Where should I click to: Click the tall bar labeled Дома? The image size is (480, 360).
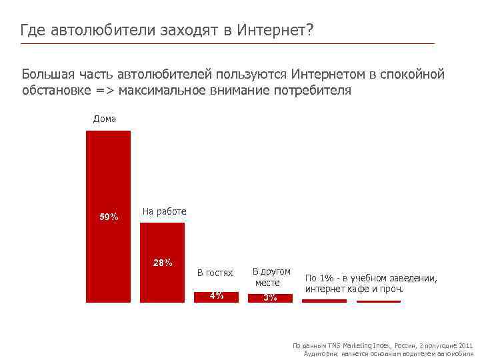point(108,173)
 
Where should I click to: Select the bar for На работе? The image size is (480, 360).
point(162,280)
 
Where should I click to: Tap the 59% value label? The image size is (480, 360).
point(109,217)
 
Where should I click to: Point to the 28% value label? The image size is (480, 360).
point(162,262)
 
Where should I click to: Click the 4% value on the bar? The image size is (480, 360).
point(216,296)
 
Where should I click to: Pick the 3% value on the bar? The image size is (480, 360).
point(269,298)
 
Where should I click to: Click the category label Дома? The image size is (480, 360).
point(105,119)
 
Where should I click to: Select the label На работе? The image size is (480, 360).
point(164,211)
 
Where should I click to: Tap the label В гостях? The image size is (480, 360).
point(215,273)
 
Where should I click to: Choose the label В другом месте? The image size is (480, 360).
point(271,277)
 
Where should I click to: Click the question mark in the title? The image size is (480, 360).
point(309,30)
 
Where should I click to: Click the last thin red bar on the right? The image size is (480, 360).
point(379,301)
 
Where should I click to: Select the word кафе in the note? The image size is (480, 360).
point(359,290)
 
